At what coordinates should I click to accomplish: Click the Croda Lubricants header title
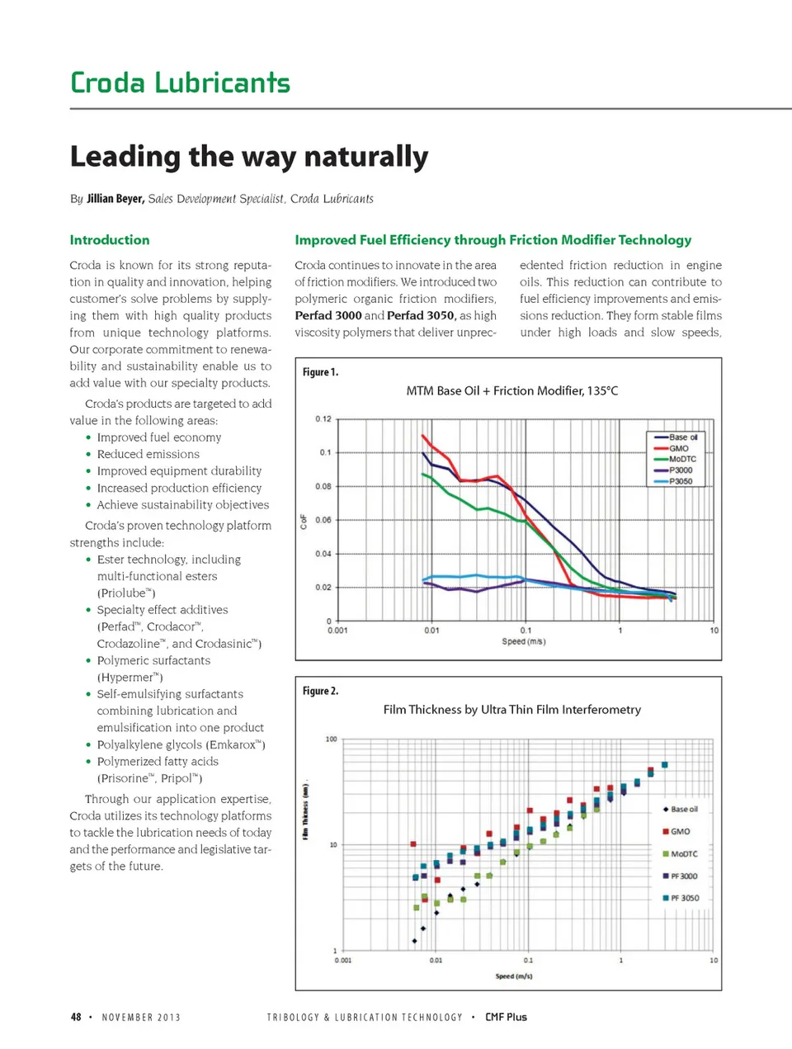[x=180, y=83]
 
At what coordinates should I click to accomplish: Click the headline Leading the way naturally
[x=248, y=156]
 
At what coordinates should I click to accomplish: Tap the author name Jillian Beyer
[x=115, y=199]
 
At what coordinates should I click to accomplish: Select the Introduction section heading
[x=110, y=240]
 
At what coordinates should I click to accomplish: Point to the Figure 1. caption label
[x=320, y=372]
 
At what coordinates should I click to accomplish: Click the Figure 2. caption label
[x=320, y=691]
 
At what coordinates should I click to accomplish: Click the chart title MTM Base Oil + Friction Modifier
[x=511, y=390]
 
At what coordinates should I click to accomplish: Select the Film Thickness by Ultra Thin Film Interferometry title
[x=511, y=709]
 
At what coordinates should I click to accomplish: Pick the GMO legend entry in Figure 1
[x=678, y=448]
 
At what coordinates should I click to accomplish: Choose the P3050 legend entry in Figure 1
[x=681, y=481]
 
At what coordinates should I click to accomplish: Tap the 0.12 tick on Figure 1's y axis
[x=323, y=419]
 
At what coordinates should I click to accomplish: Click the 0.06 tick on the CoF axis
[x=323, y=520]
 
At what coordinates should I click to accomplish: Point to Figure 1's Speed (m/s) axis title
[x=523, y=641]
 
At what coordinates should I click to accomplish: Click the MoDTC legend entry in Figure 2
[x=683, y=854]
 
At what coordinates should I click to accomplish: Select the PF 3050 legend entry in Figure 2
[x=684, y=898]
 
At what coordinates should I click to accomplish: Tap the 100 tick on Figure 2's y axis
[x=331, y=739]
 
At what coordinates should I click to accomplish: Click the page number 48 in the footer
[x=76, y=1017]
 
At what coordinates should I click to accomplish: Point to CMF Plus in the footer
[x=506, y=1017]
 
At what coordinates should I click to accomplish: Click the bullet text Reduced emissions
[x=148, y=454]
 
